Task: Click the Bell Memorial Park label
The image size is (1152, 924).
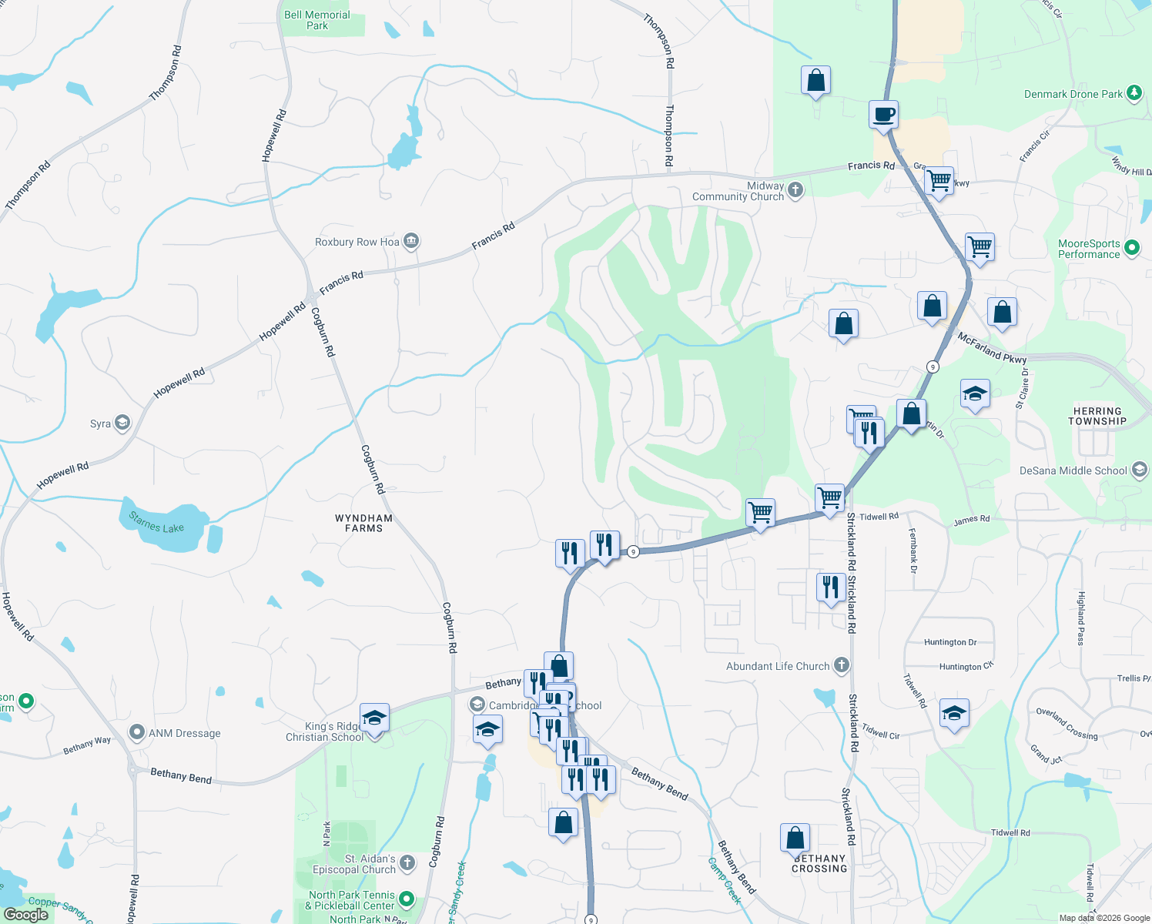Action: pos(316,20)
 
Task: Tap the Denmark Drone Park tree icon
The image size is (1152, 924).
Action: pos(1134,93)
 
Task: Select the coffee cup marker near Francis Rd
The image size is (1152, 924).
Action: pos(883,114)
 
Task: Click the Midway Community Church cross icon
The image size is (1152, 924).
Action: pos(795,189)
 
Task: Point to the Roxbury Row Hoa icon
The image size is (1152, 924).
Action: pos(411,242)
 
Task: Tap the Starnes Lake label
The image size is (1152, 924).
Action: pos(156,522)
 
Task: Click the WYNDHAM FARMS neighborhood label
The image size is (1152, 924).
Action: pos(363,523)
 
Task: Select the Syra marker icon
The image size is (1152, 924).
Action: pos(122,423)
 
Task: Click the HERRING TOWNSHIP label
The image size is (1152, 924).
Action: pos(1097,416)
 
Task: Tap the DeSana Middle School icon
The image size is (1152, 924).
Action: pos(1139,470)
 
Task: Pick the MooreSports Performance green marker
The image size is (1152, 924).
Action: pos(1132,248)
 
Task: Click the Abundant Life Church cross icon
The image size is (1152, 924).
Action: pos(842,665)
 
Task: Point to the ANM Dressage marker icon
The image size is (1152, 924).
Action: pos(137,732)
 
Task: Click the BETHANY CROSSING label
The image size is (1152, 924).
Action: pos(819,863)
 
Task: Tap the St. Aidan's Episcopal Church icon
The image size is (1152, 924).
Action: pos(407,863)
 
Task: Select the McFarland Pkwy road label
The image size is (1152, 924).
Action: pos(992,348)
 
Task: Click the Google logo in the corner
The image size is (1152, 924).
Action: pos(25,914)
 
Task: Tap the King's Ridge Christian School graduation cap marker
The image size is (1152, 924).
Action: pos(374,718)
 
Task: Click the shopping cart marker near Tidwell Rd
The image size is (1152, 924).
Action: pos(829,497)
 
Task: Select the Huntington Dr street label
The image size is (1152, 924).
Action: pos(949,641)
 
